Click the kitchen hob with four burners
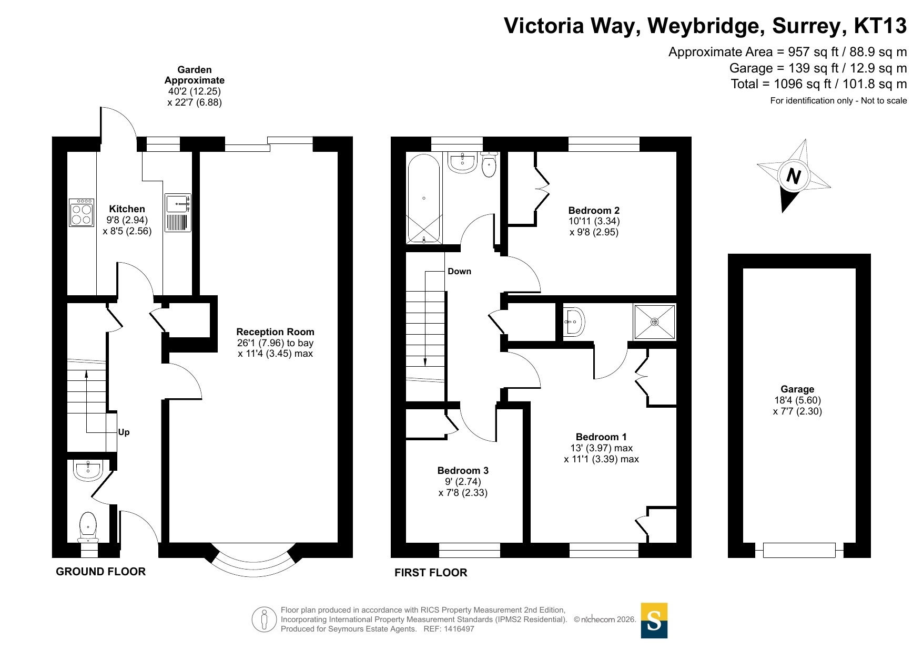click(x=82, y=212)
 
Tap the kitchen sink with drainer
click(x=178, y=213)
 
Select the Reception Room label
click(x=275, y=332)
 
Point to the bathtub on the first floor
click(x=424, y=199)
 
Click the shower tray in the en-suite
click(x=655, y=322)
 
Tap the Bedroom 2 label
click(x=594, y=210)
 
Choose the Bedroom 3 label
click(x=463, y=470)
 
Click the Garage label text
click(x=797, y=389)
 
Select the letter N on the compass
click(x=794, y=175)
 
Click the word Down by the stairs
click(x=459, y=271)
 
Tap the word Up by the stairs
click(x=124, y=432)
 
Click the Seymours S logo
click(x=654, y=620)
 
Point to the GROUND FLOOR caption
click(x=100, y=572)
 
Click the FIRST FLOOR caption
click(x=431, y=573)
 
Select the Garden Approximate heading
click(x=195, y=75)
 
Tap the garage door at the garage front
click(x=799, y=550)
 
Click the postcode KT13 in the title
click(x=880, y=26)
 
